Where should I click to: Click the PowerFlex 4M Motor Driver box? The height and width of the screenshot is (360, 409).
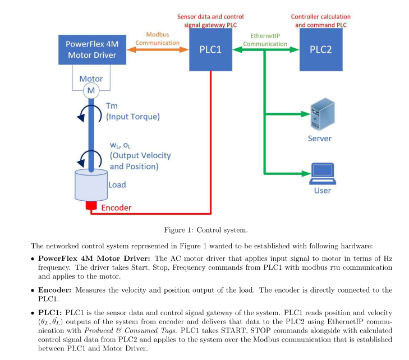[x=91, y=49]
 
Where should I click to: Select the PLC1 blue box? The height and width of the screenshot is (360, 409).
[x=210, y=50]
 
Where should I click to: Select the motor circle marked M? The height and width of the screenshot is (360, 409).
[x=90, y=90]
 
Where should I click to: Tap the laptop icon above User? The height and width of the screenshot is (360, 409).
[x=322, y=173]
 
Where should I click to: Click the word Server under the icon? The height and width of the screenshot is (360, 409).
[x=320, y=139]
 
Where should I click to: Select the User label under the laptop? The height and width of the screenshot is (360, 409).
[x=322, y=191]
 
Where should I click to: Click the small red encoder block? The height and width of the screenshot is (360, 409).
[x=90, y=206]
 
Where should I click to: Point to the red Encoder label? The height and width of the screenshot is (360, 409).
[x=116, y=208]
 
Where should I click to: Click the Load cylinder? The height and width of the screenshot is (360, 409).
[x=90, y=186]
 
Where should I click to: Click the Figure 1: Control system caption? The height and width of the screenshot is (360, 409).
[x=205, y=230]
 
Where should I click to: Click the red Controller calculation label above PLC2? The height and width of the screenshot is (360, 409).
[x=321, y=21]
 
